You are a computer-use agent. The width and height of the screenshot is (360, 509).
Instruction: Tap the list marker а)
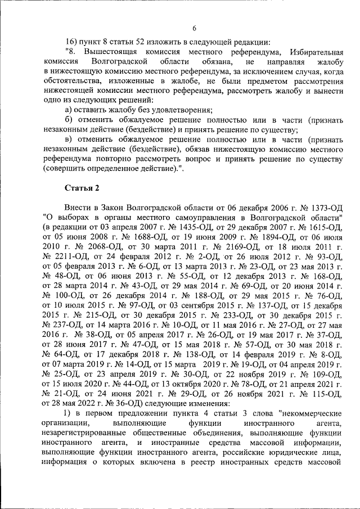pyautogui.click(x=69, y=110)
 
